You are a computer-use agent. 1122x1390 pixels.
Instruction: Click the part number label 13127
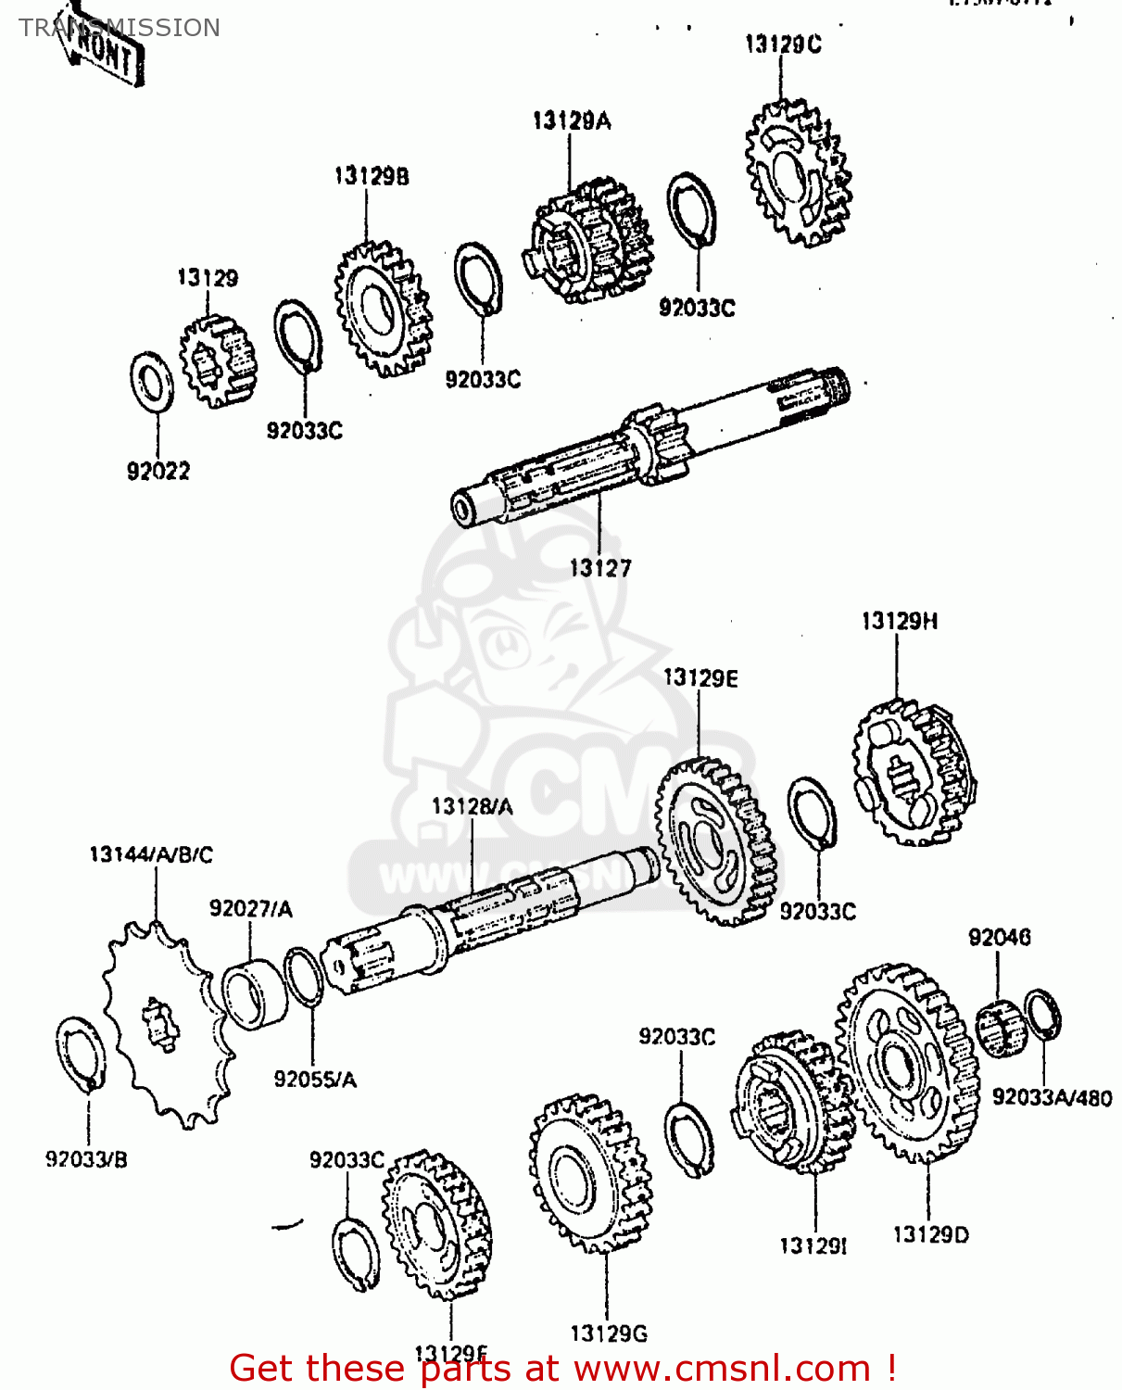tap(600, 568)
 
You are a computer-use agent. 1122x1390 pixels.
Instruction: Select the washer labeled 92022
tap(151, 382)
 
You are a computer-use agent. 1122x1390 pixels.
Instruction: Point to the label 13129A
tap(572, 120)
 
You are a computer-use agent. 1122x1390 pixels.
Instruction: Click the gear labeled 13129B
tap(383, 309)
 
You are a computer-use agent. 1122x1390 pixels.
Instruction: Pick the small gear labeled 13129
tap(217, 360)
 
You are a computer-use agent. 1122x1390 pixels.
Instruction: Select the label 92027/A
tap(250, 909)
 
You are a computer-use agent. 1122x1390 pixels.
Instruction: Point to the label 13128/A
tap(472, 807)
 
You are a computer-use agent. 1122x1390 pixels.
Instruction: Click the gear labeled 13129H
tap(912, 773)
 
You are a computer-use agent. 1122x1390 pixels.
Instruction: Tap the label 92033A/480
tap(1052, 1097)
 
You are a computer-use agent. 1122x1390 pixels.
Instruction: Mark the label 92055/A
tap(315, 1080)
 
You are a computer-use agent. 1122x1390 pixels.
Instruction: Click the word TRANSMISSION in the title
tap(120, 28)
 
